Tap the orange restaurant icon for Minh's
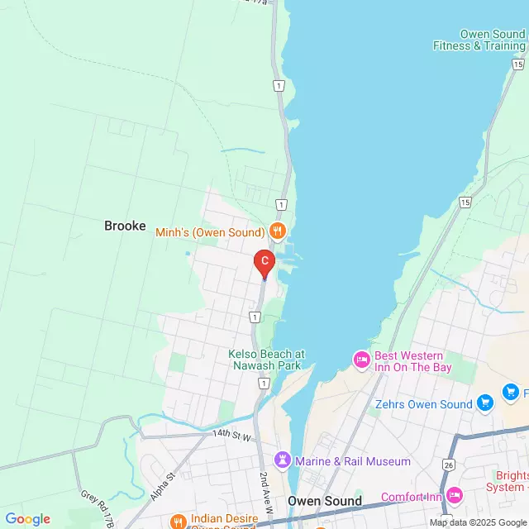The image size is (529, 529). click(278, 231)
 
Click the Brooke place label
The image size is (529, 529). click(125, 226)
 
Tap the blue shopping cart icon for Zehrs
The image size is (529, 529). click(485, 404)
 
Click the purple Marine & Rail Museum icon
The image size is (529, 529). click(284, 460)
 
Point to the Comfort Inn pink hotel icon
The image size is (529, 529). click(454, 497)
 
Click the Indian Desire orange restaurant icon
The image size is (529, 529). click(178, 521)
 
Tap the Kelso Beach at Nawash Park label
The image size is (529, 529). click(266, 360)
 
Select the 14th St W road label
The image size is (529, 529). click(231, 433)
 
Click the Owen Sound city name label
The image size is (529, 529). click(325, 501)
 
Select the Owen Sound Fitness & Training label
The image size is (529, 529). click(480, 40)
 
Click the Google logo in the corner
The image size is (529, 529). click(27, 519)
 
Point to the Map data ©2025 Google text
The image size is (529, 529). click(477, 522)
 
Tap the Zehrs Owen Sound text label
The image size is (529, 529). click(423, 404)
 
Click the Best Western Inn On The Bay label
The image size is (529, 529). click(408, 361)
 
